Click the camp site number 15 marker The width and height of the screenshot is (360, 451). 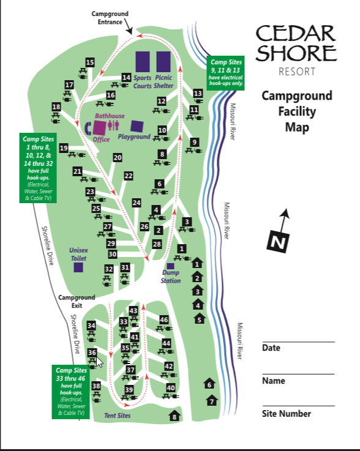point(90,62)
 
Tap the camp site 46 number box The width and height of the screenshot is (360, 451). point(163,319)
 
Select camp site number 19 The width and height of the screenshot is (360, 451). point(64,148)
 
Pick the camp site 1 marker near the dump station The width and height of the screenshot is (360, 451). point(181,248)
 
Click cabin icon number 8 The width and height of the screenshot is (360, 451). point(174,417)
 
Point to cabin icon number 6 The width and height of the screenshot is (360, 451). point(209,384)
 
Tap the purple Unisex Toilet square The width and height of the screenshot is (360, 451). point(78,267)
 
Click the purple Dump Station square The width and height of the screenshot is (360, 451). point(170,266)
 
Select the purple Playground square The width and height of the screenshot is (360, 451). point(137,127)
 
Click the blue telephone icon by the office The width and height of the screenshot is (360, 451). point(88,127)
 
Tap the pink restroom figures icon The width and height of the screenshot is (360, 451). point(113,125)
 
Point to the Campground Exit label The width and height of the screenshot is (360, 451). point(73,301)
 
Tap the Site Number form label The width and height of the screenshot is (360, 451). point(286,414)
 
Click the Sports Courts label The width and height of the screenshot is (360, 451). point(143,82)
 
